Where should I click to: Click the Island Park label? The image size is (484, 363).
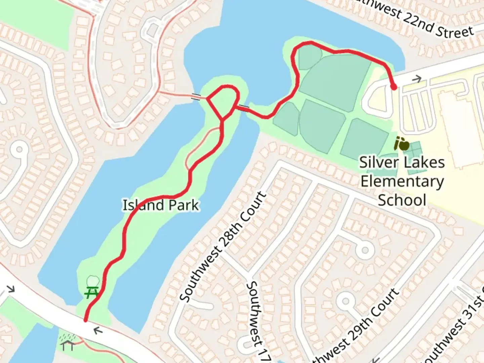pyautogui.click(x=161, y=205)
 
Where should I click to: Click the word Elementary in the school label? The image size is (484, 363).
pyautogui.click(x=402, y=182)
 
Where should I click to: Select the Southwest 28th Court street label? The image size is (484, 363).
pyautogui.click(x=223, y=247)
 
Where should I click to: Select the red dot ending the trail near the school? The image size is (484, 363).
pyautogui.click(x=393, y=87)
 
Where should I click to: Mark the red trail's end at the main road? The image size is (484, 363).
pyautogui.click(x=86, y=320)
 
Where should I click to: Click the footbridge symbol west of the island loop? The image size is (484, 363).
pyautogui.click(x=196, y=97)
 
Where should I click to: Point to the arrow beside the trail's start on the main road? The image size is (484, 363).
pyautogui.click(x=98, y=331)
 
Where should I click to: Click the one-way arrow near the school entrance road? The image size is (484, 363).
pyautogui.click(x=417, y=79)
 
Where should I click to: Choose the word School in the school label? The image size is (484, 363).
pyautogui.click(x=402, y=200)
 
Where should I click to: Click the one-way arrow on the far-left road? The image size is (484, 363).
pyautogui.click(x=11, y=289)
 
